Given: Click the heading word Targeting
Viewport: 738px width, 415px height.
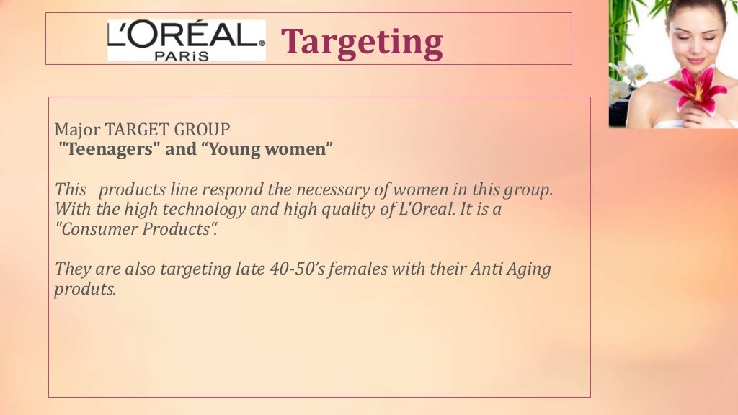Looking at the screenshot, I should tap(361, 42).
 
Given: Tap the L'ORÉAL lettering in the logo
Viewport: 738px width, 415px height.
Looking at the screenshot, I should tap(186, 34).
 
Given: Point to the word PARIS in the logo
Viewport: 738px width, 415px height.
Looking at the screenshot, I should tap(186, 55).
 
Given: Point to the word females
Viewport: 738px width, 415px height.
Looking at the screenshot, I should tap(389, 269).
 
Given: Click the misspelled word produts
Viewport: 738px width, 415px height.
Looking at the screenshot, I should tap(84, 290).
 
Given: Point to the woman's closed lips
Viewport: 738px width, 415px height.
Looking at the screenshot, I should tap(695, 60).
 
